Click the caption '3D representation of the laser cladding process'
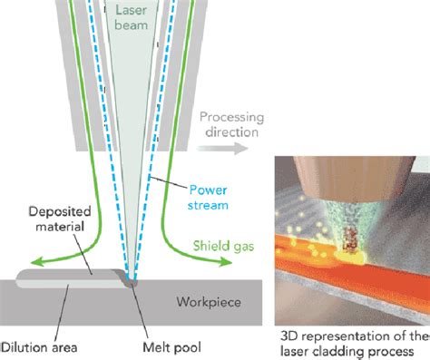[x=350, y=343]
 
